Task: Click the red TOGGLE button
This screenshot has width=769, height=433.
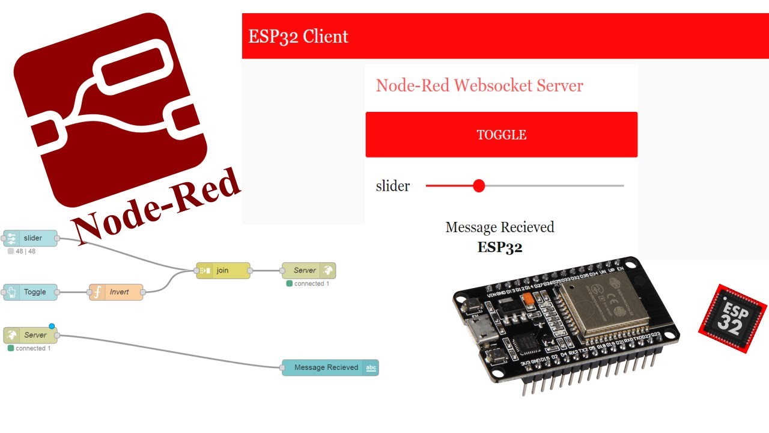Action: pyautogui.click(x=501, y=135)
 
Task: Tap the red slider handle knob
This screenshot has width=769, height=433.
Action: pyautogui.click(x=479, y=186)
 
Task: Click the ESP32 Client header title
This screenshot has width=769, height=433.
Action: pyautogui.click(x=298, y=36)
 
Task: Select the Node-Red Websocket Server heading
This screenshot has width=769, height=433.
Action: pyautogui.click(x=479, y=85)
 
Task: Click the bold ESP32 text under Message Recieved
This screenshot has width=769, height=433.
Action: pyautogui.click(x=500, y=247)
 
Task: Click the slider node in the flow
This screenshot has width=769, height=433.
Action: pyautogui.click(x=31, y=238)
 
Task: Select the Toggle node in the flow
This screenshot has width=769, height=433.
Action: pyautogui.click(x=31, y=292)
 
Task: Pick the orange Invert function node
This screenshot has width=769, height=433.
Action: pyautogui.click(x=117, y=292)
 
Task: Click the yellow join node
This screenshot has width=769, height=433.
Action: pyautogui.click(x=223, y=271)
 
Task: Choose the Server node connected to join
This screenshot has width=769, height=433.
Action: pyautogui.click(x=309, y=271)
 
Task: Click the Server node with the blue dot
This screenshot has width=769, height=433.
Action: pyautogui.click(x=30, y=335)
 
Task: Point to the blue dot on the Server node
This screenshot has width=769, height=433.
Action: pyautogui.click(x=52, y=327)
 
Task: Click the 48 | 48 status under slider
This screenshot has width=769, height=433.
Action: pyautogui.click(x=25, y=251)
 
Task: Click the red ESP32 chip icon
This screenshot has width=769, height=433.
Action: pyautogui.click(x=733, y=319)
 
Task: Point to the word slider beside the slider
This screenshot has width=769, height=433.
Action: pyautogui.click(x=393, y=186)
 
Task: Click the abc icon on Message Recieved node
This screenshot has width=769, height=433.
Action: pyautogui.click(x=371, y=368)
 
